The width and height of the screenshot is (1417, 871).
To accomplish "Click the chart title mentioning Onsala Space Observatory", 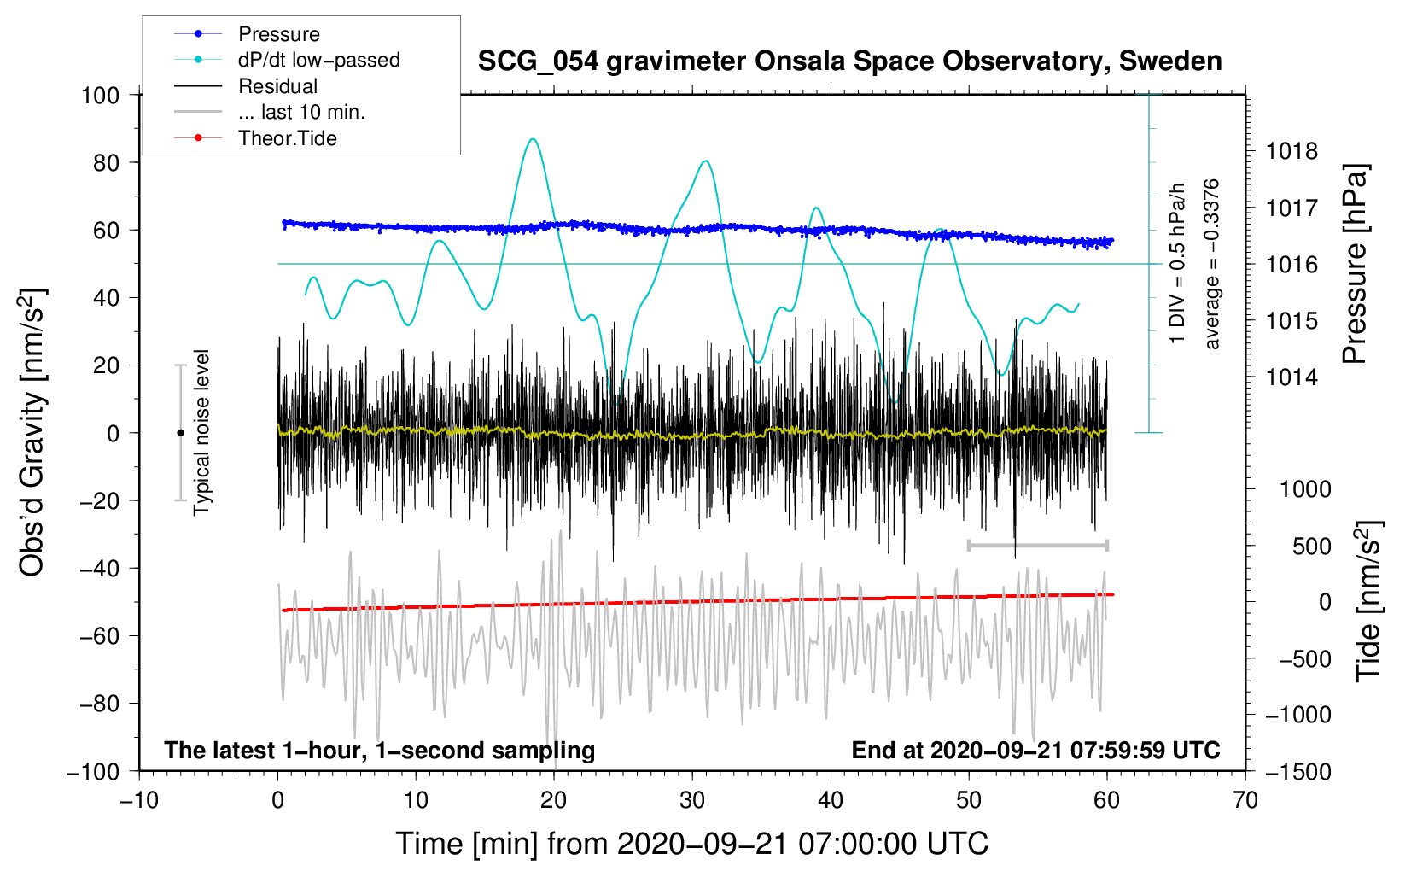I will point(849,61).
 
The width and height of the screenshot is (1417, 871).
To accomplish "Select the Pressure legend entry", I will point(278,34).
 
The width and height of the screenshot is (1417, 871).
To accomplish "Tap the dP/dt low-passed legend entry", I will point(318,60).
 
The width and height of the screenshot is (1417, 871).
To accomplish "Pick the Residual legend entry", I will point(277,86).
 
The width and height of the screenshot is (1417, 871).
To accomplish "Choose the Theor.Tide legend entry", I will point(287,138).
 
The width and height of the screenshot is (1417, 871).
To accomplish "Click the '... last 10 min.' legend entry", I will point(301,112).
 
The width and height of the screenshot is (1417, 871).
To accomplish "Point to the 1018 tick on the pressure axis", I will point(1292,152).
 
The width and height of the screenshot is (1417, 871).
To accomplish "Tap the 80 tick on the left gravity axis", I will point(106,162).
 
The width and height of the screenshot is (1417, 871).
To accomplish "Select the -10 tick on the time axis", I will point(139,800).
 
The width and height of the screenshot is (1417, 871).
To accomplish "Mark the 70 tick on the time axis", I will point(1245,800).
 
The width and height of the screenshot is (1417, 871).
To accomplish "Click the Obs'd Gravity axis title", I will point(32,433).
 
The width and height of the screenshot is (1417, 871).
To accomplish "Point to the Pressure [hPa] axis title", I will point(1355,264).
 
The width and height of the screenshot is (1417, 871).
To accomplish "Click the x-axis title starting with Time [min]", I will point(691,844).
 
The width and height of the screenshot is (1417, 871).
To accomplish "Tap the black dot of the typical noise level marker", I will point(180,433).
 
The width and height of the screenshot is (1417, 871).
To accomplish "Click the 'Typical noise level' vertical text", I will point(201,433).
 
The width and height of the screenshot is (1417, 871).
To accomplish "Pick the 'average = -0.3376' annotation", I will point(1211,264).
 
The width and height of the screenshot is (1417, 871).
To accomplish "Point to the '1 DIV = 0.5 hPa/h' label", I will point(1177,264).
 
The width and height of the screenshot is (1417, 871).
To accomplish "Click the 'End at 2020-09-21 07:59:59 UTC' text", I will point(1035,751).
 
